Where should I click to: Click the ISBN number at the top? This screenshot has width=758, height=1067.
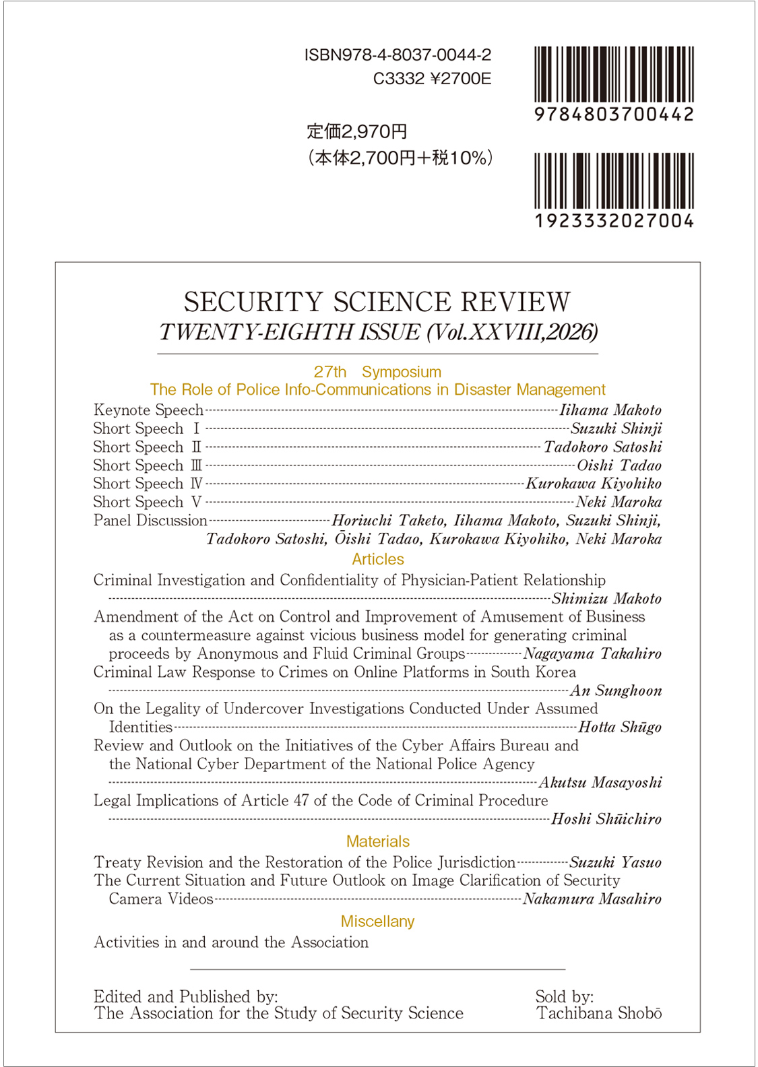[398, 55]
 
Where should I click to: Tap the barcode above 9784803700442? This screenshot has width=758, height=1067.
[614, 74]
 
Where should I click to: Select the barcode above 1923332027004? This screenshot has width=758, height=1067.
[614, 181]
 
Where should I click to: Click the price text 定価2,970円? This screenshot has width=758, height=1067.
[356, 131]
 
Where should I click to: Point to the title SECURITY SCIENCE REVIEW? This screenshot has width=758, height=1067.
[377, 302]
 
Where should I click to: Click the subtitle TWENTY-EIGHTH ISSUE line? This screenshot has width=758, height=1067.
[378, 332]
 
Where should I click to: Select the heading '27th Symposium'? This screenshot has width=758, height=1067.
[377, 372]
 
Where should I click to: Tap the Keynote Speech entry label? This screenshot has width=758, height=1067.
[148, 410]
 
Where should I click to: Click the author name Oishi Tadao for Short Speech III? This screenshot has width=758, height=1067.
[619, 465]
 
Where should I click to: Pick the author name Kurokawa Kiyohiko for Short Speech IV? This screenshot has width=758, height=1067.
[594, 484]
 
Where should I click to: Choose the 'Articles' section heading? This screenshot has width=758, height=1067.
[378, 559]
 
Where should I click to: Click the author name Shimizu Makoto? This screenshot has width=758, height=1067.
[606, 599]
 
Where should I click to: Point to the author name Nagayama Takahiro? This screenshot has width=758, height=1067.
[592, 653]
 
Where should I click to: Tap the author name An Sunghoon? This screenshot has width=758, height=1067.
[616, 690]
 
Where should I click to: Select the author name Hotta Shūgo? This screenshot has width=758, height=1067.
[620, 727]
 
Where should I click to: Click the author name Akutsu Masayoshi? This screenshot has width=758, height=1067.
[600, 783]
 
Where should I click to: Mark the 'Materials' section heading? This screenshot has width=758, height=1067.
[378, 841]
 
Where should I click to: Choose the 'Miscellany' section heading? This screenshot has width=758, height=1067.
[377, 922]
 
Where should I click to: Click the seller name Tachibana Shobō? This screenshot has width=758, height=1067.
[599, 1014]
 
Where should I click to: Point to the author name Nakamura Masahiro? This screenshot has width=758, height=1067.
[592, 899]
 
